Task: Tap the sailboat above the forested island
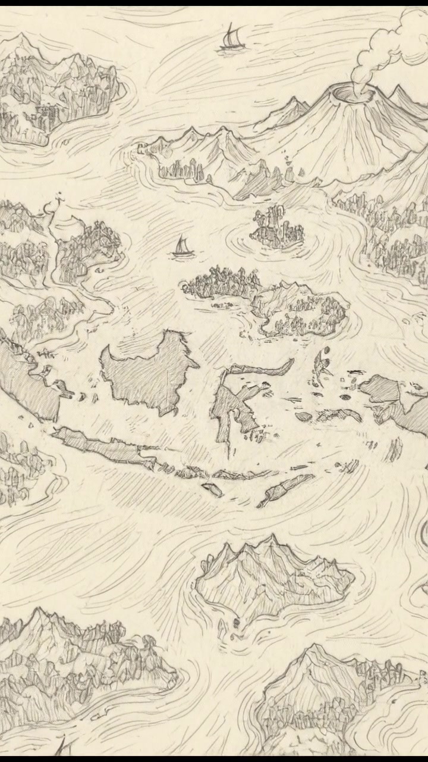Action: [182, 248]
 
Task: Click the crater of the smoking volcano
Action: [347, 93]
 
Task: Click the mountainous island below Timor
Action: [273, 577]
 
